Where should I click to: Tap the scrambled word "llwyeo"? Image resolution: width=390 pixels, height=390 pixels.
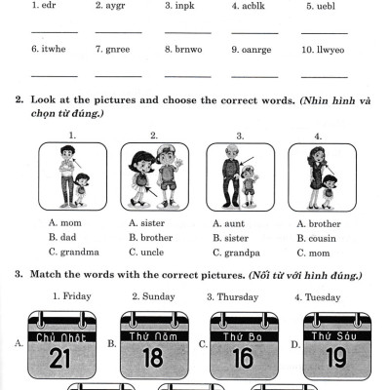pyautogui.click(x=331, y=50)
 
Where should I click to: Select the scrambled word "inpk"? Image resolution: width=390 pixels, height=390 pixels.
pyautogui.click(x=184, y=6)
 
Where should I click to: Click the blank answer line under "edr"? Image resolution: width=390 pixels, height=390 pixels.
pyautogui.click(x=55, y=32)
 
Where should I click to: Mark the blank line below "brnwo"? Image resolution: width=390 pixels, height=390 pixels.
pyautogui.click(x=188, y=77)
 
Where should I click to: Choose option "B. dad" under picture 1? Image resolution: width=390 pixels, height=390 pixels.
pyautogui.click(x=62, y=237)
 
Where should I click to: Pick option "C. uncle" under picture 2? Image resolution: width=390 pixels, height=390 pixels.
pyautogui.click(x=146, y=253)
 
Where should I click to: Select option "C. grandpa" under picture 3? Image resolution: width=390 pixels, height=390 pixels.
pyautogui.click(x=236, y=253)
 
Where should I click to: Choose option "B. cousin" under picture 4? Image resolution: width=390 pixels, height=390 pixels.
pyautogui.click(x=316, y=239)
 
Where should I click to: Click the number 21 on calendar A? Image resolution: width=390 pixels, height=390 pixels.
pyautogui.click(x=60, y=359)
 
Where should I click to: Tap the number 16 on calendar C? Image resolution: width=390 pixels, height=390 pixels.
pyautogui.click(x=243, y=358)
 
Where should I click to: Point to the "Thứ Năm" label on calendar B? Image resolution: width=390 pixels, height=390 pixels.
pyautogui.click(x=153, y=336)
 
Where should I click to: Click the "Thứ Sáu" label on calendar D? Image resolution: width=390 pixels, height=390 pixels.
pyautogui.click(x=334, y=335)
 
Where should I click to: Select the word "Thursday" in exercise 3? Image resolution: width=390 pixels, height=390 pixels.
pyautogui.click(x=238, y=297)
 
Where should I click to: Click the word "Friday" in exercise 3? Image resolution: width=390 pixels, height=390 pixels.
pyautogui.click(x=77, y=296)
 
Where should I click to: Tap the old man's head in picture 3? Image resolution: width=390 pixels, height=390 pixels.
pyautogui.click(x=232, y=151)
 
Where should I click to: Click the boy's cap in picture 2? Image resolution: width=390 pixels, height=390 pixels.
pyautogui.click(x=167, y=150)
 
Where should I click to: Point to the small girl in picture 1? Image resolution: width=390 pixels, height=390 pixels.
pyautogui.click(x=81, y=190)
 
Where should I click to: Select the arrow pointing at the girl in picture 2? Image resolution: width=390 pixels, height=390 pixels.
pyautogui.click(x=151, y=192)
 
